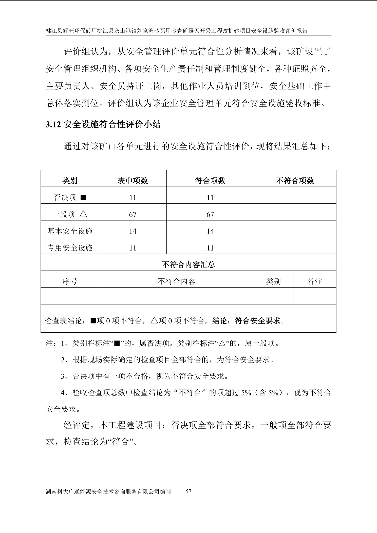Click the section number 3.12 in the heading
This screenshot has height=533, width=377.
(x=53, y=125)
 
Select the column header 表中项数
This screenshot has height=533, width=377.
(x=133, y=181)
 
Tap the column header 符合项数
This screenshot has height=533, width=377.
(x=210, y=181)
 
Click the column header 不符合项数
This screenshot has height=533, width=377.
(x=295, y=181)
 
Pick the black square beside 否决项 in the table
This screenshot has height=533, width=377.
(x=83, y=197)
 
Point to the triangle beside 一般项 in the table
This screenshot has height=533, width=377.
(x=83, y=214)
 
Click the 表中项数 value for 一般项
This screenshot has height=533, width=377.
(x=133, y=215)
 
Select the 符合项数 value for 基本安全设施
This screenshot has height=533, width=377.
(x=210, y=231)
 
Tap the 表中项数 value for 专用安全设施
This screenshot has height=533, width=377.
(x=133, y=248)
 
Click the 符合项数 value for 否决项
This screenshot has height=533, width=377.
(x=210, y=198)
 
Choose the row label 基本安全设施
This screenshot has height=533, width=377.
(x=70, y=231)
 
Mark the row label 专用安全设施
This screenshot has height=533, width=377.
(x=70, y=248)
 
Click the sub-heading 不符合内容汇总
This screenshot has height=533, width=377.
(x=188, y=265)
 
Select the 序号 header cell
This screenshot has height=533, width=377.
(x=70, y=281)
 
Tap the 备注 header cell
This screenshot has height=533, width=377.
(x=314, y=281)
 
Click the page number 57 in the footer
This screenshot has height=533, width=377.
(x=188, y=491)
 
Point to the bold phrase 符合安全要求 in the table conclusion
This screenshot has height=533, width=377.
(x=258, y=321)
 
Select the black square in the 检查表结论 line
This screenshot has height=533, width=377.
(x=93, y=321)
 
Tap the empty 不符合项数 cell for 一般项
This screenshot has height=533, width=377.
(x=295, y=215)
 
